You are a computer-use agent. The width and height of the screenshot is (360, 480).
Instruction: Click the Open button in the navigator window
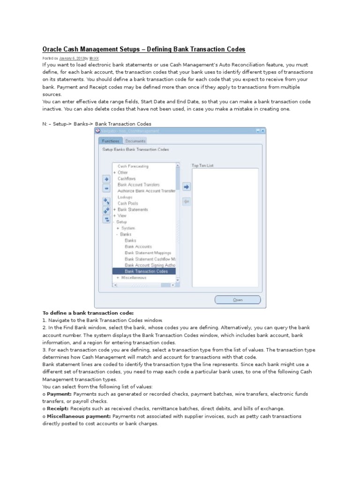coord(238,300)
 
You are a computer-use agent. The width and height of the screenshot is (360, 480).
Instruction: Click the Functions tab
coord(111,141)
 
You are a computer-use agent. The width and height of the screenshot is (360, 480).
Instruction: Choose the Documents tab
coord(135,141)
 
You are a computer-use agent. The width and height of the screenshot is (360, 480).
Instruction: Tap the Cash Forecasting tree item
coord(133,166)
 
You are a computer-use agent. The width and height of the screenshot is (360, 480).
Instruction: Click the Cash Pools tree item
coord(127,203)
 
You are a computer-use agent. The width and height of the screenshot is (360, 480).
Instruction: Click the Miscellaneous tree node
coord(134,277)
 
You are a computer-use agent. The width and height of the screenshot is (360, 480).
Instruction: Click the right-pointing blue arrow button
coord(186,187)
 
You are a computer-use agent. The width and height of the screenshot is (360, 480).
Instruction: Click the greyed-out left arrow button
coord(186,201)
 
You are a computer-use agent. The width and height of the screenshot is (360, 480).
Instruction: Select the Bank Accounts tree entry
coord(138,247)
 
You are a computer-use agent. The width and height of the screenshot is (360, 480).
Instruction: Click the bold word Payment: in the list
coord(59,394)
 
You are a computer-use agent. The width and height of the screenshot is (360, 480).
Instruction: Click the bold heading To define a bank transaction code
coord(88,313)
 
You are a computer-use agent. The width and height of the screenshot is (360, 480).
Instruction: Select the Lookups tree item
coord(125,197)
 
